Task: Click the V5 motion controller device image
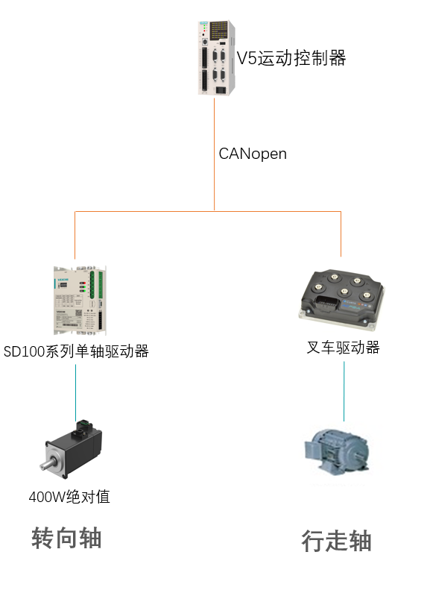216,57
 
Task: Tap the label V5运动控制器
291,58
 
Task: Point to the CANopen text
253,154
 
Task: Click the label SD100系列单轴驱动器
76,351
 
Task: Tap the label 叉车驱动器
344,348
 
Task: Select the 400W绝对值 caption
69,496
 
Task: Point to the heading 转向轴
66,538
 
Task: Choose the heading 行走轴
336,541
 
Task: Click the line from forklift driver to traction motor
344,389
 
